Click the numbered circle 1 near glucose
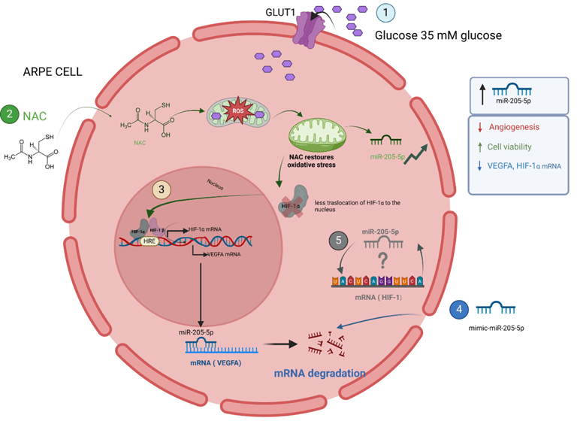coord(385,13)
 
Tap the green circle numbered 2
coord(10,115)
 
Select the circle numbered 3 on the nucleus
coord(161,189)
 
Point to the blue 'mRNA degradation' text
coord(320,373)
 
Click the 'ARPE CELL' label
coord(52,72)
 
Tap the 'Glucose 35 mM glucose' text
coord(438,35)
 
